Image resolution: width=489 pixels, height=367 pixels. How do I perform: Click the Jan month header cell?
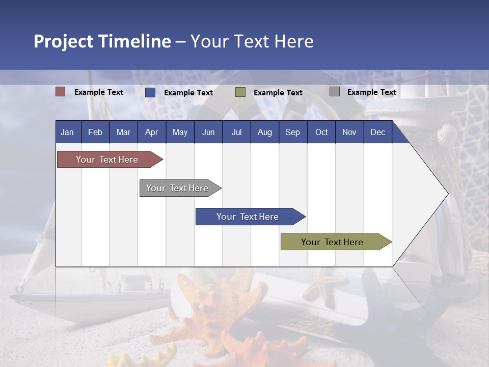click(x=68, y=132)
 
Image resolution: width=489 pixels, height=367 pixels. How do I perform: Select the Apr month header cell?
click(x=151, y=132)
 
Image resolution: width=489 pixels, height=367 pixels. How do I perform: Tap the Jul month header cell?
click(x=236, y=132)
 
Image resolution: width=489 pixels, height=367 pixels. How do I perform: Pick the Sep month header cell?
click(x=292, y=132)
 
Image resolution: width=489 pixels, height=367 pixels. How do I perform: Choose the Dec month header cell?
click(x=377, y=132)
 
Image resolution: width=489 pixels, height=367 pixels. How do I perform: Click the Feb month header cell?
click(x=95, y=132)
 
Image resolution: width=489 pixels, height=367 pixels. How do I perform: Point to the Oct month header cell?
click(x=321, y=132)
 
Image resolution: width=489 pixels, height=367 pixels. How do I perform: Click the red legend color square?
click(x=61, y=92)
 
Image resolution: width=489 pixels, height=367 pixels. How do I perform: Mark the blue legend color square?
click(x=150, y=92)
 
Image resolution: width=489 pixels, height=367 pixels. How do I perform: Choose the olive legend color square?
click(x=240, y=92)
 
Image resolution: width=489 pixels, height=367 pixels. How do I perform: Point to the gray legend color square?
click(x=335, y=92)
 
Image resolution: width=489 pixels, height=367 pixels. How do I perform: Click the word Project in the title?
click(x=64, y=41)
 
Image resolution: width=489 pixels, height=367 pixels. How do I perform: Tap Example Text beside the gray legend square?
click(x=371, y=92)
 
